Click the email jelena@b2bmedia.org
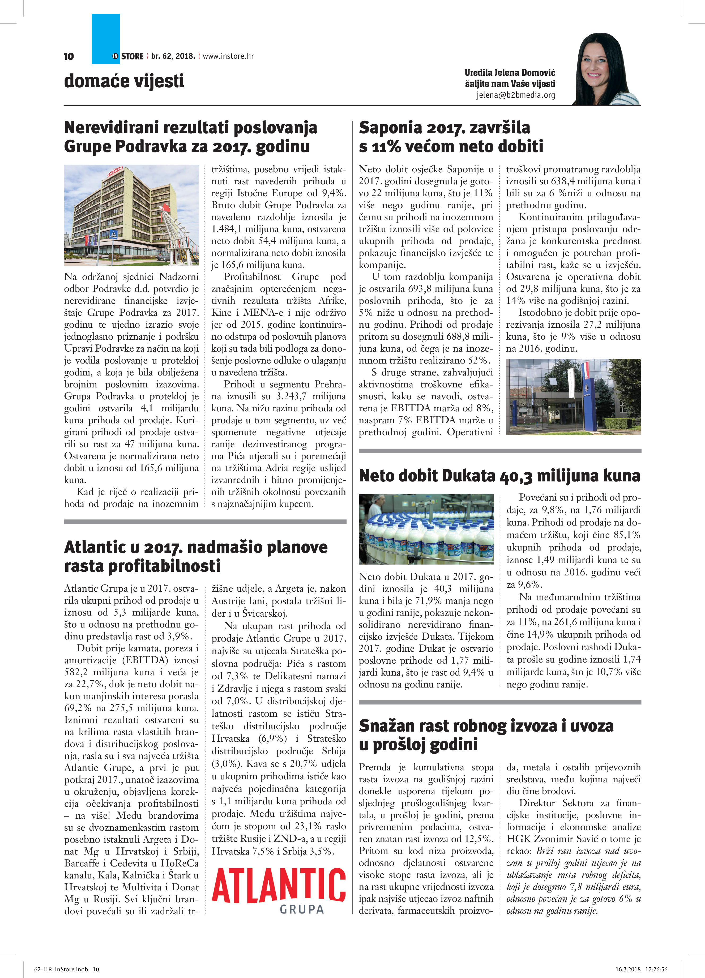coord(515,95)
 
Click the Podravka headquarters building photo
coord(131,215)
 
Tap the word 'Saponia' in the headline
coord(390,128)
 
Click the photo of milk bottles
coord(426,529)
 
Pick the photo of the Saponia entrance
coord(573,397)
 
